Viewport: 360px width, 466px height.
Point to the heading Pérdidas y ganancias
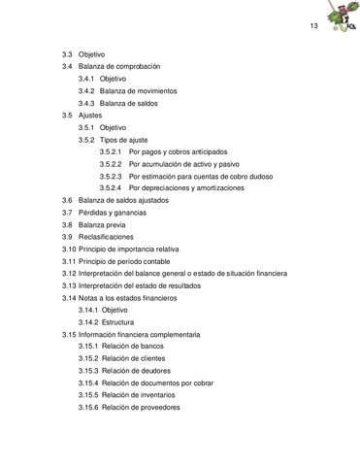pos(121,213)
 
